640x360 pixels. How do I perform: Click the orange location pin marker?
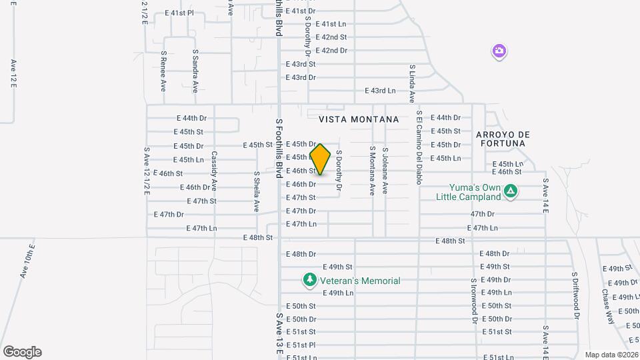pyautogui.click(x=321, y=159)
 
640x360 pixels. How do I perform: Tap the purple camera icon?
pyautogui.click(x=499, y=51)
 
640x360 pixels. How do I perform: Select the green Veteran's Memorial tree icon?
pyautogui.click(x=309, y=281)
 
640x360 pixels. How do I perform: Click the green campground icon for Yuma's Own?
pyautogui.click(x=510, y=192)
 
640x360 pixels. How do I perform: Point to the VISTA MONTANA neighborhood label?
pyautogui.click(x=359, y=119)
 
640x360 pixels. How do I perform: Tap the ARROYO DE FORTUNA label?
pyautogui.click(x=502, y=139)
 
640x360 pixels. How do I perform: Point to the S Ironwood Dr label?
pyautogui.click(x=474, y=301)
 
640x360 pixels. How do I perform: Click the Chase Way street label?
pyautogui.click(x=607, y=305)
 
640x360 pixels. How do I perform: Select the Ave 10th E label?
pyautogui.click(x=27, y=261)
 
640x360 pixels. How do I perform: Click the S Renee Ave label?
pyautogui.click(x=163, y=71)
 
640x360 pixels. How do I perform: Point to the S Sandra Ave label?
pyautogui.click(x=195, y=71)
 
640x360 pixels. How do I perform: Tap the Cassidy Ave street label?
pyautogui.click(x=215, y=171)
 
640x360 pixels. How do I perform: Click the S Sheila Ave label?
pyautogui.click(x=256, y=191)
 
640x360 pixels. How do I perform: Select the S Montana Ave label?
pyautogui.click(x=372, y=171)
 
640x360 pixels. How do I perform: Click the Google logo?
pyautogui.click(x=22, y=352)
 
